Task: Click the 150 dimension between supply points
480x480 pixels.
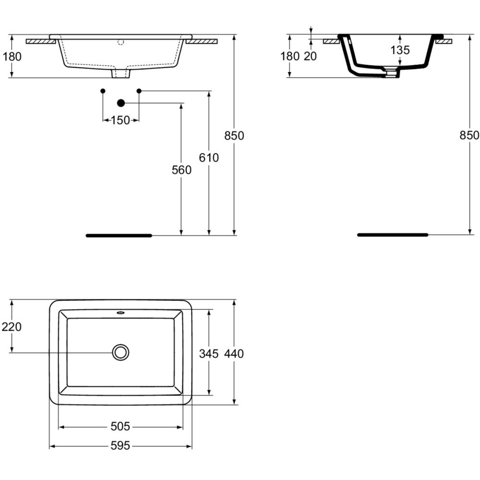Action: pos(120,120)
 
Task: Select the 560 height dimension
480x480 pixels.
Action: pos(181,170)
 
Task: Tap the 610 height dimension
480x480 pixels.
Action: pos(209,157)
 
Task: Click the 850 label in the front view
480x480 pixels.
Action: pos(234,136)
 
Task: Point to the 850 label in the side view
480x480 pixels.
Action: pos(469,135)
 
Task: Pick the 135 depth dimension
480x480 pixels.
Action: pos(400,50)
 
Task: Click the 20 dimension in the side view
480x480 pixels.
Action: pos(311,56)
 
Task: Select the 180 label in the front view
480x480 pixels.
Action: pos(12,57)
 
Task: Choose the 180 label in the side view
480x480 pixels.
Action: pos(290,56)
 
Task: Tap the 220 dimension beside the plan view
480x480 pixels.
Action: pos(12,327)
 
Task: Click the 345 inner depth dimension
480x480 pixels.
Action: pos(209,354)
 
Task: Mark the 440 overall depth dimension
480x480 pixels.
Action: pos(234,354)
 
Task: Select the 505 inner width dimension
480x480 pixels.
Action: pos(120,426)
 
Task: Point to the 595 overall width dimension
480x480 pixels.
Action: pos(120,446)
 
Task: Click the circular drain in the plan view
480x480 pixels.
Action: pos(120,352)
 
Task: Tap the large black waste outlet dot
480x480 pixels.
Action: pos(121,103)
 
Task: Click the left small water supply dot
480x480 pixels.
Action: pos(103,91)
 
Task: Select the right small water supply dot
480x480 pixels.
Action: pos(139,91)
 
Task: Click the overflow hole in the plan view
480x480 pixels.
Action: pos(120,313)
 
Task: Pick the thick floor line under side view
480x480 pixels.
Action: pos(393,235)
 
